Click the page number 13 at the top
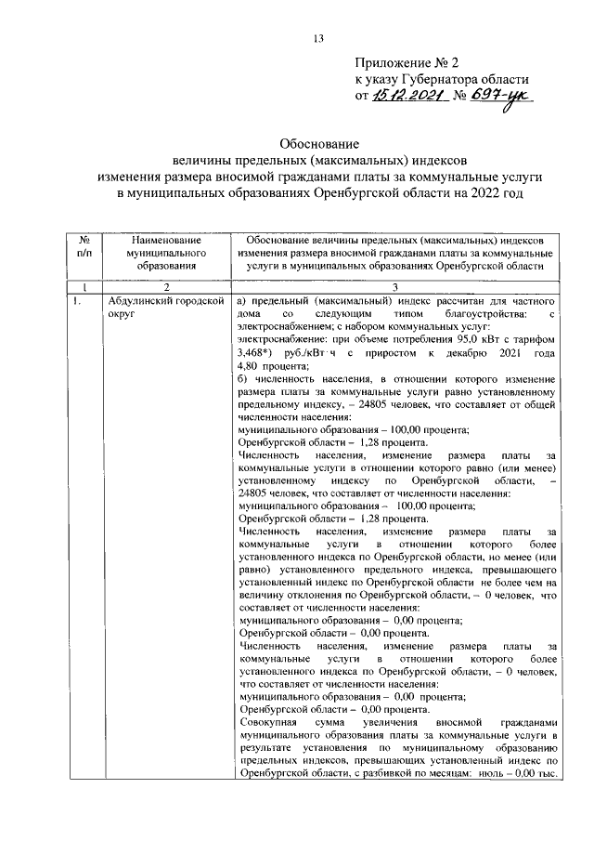[317, 38]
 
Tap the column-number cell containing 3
[394, 288]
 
